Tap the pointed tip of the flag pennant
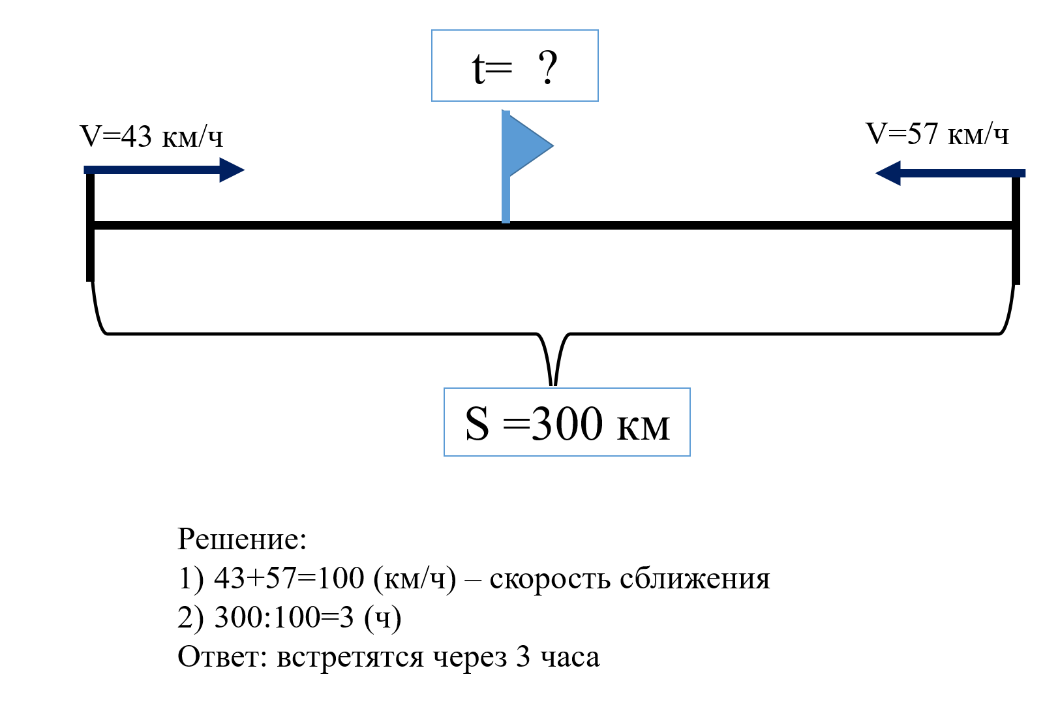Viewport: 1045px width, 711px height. [x=552, y=145]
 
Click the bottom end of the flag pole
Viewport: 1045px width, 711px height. [x=506, y=220]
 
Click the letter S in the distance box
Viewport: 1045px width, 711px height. [x=477, y=425]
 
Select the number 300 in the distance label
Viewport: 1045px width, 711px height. [x=567, y=425]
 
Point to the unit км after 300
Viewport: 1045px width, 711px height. [x=643, y=428]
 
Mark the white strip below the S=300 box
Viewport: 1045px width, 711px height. [x=553, y=462]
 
